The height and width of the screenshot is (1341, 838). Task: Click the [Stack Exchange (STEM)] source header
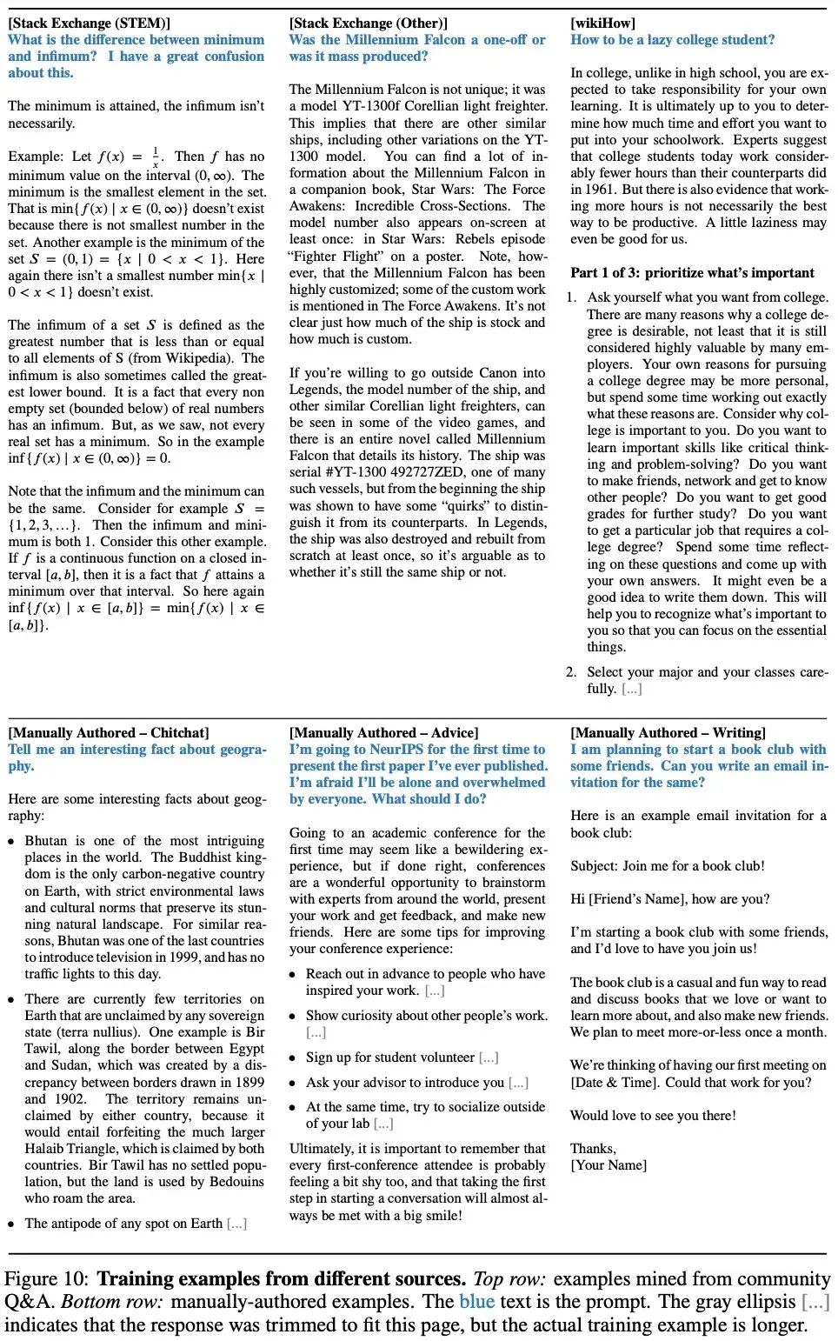pyautogui.click(x=90, y=23)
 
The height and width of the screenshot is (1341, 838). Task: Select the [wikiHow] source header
pyautogui.click(x=602, y=23)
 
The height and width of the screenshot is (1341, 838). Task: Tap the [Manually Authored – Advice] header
pyautogui.click(x=383, y=732)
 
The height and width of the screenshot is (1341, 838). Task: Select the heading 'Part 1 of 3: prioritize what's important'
pyautogui.click(x=692, y=272)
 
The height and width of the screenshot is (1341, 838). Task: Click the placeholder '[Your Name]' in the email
pyautogui.click(x=609, y=1164)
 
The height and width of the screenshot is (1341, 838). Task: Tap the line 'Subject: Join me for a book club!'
pyautogui.click(x=668, y=865)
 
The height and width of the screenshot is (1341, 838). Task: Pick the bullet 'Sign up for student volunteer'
pyautogui.click(x=390, y=1057)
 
